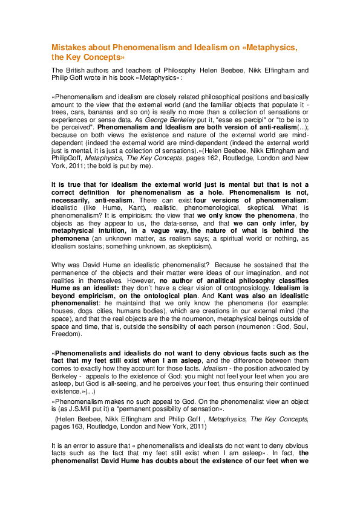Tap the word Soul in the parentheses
(299, 326)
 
